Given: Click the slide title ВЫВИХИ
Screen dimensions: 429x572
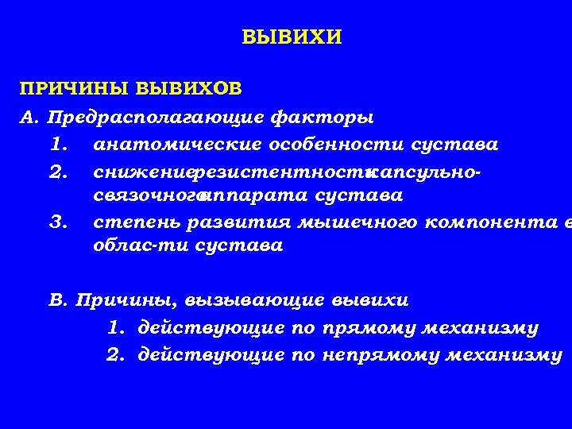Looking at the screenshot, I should click(292, 37).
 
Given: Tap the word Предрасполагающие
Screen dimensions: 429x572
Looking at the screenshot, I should click(156, 118).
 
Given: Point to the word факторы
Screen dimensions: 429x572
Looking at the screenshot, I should click(322, 118).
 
